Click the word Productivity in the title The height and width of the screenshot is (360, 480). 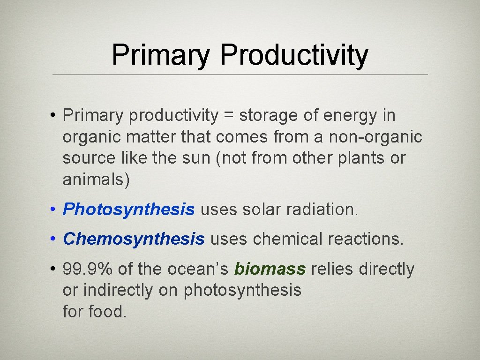pos(294,55)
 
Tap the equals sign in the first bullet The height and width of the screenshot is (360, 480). pos(228,116)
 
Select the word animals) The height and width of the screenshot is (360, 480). pos(96,180)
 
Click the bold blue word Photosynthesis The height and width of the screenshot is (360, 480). pos(128,210)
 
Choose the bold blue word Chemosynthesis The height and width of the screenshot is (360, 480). pos(134,239)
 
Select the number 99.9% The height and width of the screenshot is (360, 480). pos(88,269)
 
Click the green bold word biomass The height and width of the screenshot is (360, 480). pos(270,269)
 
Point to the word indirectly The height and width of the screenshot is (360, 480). pos(118,290)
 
